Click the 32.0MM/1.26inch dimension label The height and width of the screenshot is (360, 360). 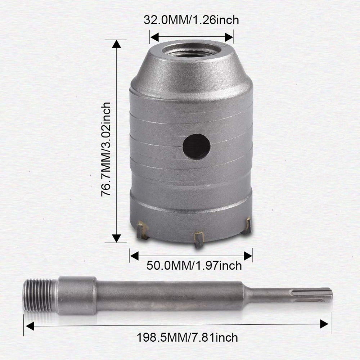(191, 20)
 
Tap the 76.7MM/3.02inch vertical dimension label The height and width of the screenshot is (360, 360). (105, 149)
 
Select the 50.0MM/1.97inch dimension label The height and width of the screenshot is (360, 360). (194, 266)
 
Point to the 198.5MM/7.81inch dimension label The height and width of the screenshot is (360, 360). (187, 338)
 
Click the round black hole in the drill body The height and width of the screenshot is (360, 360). (196, 147)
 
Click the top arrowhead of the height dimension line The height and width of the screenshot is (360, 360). (116, 44)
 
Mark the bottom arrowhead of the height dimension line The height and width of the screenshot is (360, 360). (116, 238)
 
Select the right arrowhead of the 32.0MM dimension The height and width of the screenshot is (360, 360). (229, 37)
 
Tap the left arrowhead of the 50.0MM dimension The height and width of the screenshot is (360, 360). (134, 256)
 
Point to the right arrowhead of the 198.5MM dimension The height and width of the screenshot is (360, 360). (325, 324)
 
